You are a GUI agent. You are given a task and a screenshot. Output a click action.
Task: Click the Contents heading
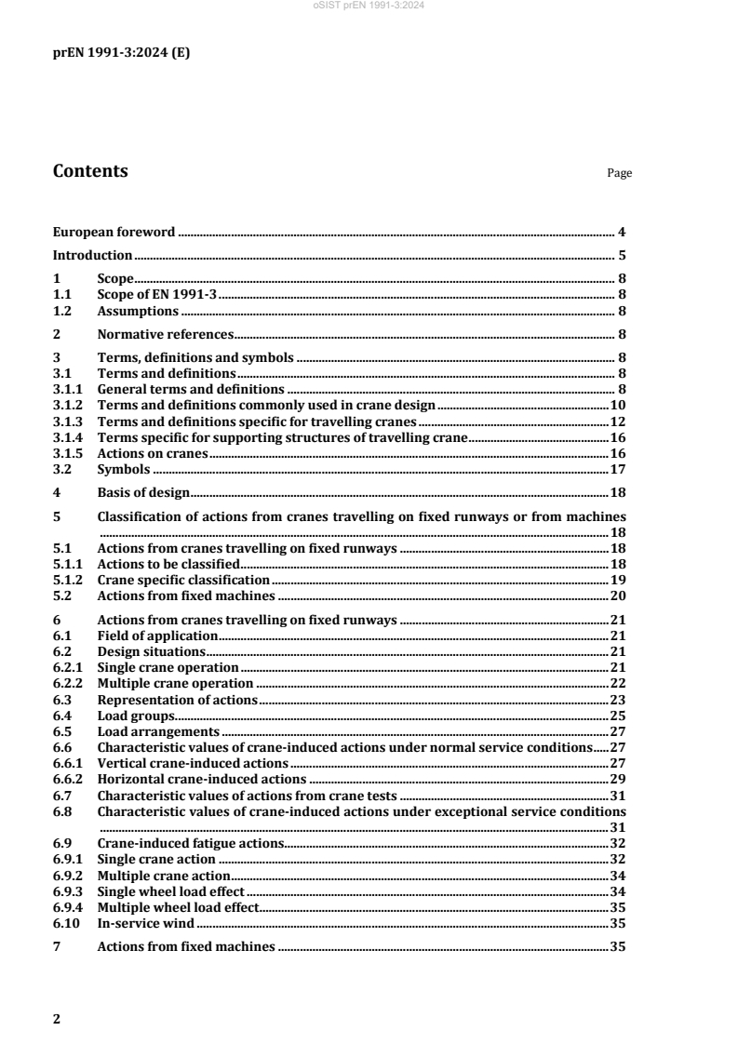tap(90, 171)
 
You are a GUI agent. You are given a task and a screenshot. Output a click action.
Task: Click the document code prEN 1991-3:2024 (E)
tap(121, 53)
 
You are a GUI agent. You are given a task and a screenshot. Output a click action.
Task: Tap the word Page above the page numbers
tap(619, 173)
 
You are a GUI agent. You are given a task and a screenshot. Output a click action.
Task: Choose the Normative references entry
tap(165, 334)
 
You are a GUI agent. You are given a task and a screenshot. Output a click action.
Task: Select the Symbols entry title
tap(125, 470)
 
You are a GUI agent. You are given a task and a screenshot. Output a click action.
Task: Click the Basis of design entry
tap(143, 493)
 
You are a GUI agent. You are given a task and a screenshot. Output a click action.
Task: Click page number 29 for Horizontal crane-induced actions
tap(616, 779)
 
